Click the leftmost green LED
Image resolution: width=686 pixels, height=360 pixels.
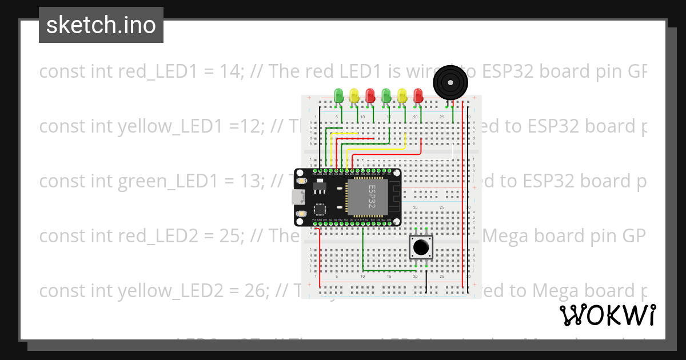pyautogui.click(x=338, y=94)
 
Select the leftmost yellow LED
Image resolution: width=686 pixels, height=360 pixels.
pyautogui.click(x=354, y=94)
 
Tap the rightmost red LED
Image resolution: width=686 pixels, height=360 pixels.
pyautogui.click(x=418, y=94)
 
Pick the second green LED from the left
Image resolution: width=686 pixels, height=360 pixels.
pyautogui.click(x=386, y=94)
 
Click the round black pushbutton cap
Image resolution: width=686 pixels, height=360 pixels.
pyautogui.click(x=421, y=247)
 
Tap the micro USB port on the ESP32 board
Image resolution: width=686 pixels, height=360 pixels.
pyautogui.click(x=297, y=197)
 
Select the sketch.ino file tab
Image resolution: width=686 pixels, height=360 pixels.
pyautogui.click(x=101, y=25)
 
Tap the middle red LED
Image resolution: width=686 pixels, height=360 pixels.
pyautogui.click(x=370, y=94)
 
